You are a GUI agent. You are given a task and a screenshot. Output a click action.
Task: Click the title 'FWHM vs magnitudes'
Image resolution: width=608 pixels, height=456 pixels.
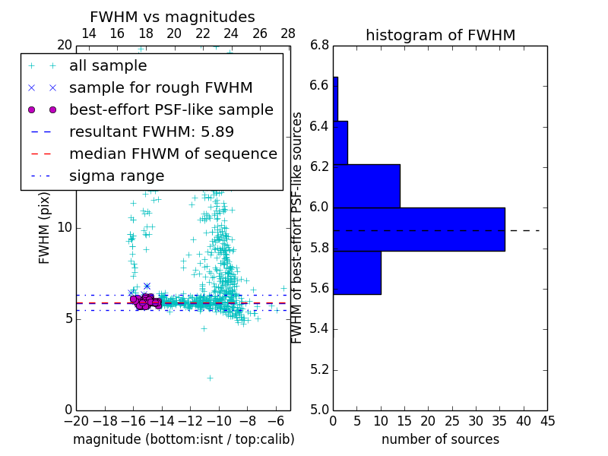(x=173, y=17)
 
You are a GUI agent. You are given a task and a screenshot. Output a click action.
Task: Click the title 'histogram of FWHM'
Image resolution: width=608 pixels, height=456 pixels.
(x=440, y=36)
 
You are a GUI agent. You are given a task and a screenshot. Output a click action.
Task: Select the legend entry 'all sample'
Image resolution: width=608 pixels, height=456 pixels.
(x=108, y=66)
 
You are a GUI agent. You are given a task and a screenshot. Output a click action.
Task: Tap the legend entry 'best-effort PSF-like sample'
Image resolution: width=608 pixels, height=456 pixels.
(x=171, y=110)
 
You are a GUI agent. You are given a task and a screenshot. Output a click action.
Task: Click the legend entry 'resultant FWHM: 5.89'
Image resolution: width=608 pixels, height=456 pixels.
(x=151, y=131)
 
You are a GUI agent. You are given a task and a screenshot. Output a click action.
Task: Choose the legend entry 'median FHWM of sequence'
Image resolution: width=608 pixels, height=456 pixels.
(x=173, y=154)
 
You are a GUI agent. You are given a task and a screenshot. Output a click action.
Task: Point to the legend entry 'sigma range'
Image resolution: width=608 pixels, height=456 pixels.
(x=116, y=176)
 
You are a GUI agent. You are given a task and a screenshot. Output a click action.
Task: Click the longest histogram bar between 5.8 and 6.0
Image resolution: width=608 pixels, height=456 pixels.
(x=419, y=229)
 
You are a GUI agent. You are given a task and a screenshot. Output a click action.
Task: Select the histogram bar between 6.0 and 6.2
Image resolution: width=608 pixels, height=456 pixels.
(x=366, y=186)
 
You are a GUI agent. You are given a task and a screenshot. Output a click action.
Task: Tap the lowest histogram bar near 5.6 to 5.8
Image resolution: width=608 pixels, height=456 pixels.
(x=357, y=272)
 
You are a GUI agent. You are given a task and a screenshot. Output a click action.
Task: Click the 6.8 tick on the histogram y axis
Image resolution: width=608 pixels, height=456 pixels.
(x=319, y=45)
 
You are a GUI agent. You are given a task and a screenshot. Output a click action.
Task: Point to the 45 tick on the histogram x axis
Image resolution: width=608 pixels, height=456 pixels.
(x=547, y=420)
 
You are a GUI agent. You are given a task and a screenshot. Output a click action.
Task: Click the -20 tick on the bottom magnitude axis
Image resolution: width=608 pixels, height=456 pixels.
(x=76, y=420)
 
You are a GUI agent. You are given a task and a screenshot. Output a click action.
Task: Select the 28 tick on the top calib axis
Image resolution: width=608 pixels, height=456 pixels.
(x=288, y=33)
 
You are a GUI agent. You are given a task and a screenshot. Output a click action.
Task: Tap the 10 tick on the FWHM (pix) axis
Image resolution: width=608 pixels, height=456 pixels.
(x=65, y=227)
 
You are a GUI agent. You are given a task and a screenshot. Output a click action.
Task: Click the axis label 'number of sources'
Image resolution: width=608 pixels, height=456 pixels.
(x=440, y=439)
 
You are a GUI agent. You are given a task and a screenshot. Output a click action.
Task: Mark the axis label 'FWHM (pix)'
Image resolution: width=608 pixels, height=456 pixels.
(x=45, y=227)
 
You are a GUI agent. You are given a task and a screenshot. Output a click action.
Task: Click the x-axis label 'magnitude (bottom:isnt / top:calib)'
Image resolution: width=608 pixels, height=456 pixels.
(x=183, y=439)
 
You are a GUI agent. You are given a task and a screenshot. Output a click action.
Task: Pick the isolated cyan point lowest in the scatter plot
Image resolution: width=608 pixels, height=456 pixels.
(x=210, y=378)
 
